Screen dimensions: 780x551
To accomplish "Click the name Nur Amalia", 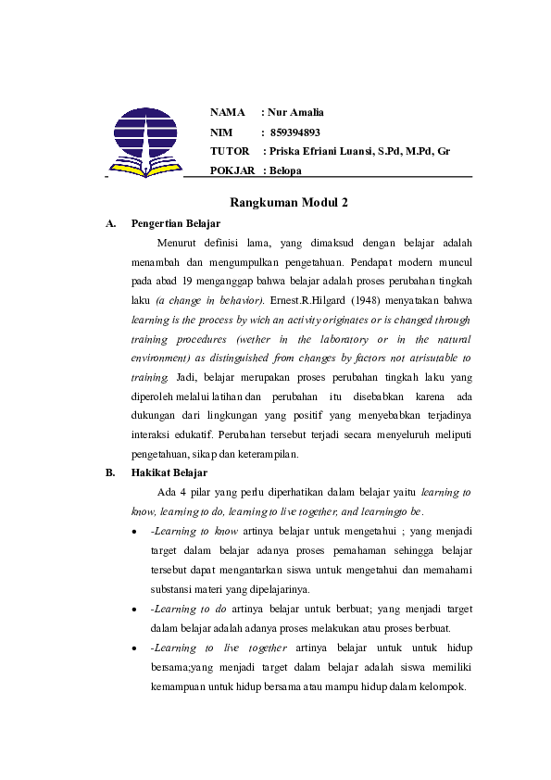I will (x=296, y=113).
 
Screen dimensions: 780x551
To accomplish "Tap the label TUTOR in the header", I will (x=230, y=151).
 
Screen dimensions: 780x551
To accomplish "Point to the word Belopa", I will (x=286, y=170).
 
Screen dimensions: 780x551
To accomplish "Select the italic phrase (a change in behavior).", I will (x=210, y=301).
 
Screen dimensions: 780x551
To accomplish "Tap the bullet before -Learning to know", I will (x=136, y=532).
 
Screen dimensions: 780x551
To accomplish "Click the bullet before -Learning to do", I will (x=136, y=610).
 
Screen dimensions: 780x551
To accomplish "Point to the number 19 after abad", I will (x=187, y=282).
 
